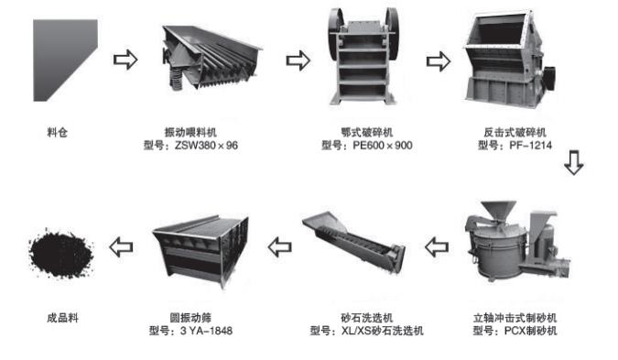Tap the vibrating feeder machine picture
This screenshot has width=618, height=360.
tap(211, 59)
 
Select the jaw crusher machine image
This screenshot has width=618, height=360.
tap(363, 57)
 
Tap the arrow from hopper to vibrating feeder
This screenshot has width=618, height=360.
tap(125, 60)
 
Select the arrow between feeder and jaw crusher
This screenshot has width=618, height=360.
tap(298, 60)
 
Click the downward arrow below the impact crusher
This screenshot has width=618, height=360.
tap(574, 162)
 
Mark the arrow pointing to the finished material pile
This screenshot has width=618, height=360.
tap(121, 246)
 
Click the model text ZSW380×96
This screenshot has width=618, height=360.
tap(206, 146)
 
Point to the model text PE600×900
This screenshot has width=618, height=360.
tap(383, 146)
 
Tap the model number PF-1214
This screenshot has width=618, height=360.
tap(530, 146)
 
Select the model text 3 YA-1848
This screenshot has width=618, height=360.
tap(207, 331)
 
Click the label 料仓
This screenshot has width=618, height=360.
tap(58, 133)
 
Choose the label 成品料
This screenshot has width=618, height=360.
tap(62, 318)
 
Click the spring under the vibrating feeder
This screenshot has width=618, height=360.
tap(177, 77)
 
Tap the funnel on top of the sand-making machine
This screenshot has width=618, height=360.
tap(498, 210)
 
